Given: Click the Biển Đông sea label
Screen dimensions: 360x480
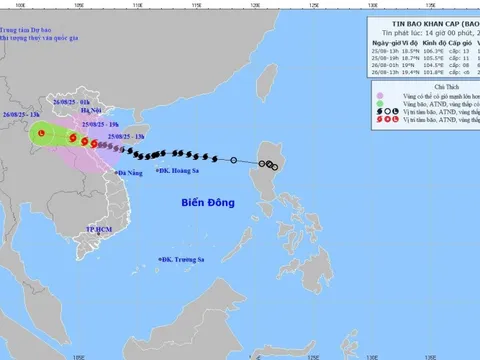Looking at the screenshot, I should [x=208, y=203].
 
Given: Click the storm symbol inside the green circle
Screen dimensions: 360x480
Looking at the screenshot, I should [x=40, y=133].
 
